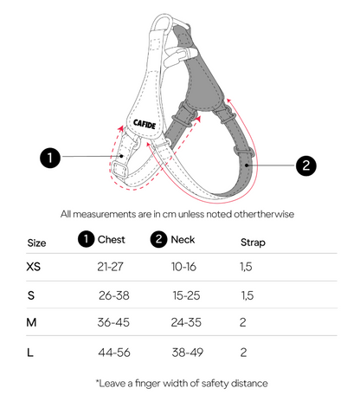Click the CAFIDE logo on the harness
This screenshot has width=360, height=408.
click(145, 124)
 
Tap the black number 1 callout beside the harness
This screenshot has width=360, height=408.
click(50, 158)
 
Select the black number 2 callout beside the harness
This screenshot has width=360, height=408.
click(306, 165)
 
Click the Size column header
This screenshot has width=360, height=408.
click(36, 243)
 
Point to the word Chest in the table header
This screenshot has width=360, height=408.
click(112, 239)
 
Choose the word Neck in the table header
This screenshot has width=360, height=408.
click(183, 239)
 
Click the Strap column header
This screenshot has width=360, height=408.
click(253, 243)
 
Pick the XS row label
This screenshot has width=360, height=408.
click(34, 266)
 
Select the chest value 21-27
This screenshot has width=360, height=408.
click(110, 267)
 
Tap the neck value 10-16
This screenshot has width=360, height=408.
click(183, 267)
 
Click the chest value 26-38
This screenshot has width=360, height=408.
click(114, 295)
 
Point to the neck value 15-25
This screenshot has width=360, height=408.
click(186, 295)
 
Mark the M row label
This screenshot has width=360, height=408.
click(31, 322)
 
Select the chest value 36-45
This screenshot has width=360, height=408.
click(113, 322)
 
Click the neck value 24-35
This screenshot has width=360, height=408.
click(186, 322)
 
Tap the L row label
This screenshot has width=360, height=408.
click(30, 353)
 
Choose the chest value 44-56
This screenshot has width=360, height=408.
click(114, 353)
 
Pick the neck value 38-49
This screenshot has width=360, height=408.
click(188, 353)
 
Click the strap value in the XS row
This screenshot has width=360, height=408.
click(246, 267)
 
